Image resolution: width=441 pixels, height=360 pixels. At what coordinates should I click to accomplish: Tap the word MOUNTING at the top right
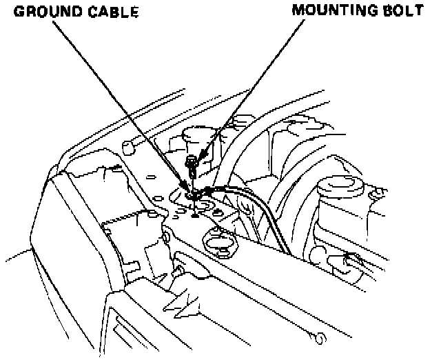pyautogui.click(x=331, y=10)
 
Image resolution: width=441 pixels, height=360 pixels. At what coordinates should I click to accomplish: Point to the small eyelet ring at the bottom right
pyautogui.click(x=318, y=338)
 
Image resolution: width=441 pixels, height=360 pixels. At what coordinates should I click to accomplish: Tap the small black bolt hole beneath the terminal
pyautogui.click(x=195, y=215)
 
